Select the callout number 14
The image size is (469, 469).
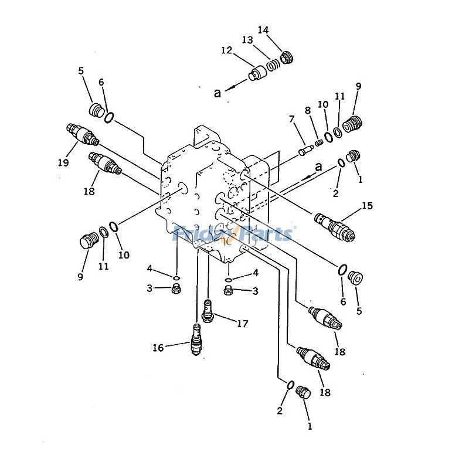pos(263,30)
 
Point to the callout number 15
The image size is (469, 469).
pos(367,206)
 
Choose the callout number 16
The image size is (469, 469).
pos(158,348)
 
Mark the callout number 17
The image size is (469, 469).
pos(242,323)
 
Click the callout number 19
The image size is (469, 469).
pos(63,162)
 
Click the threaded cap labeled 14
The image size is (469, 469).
pos(286,57)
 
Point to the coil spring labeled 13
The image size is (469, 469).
pos(273,66)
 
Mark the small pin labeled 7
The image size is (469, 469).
pos(305,151)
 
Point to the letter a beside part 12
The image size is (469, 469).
pos(217,93)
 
